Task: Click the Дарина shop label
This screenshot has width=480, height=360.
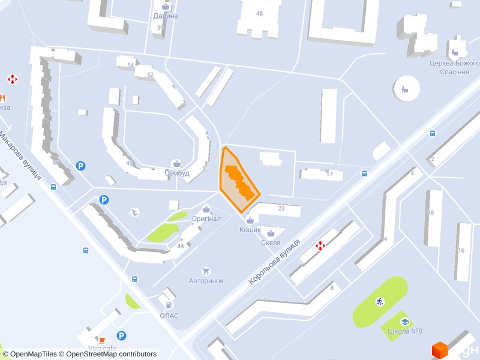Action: point(166,16)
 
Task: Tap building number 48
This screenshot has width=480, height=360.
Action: point(259,13)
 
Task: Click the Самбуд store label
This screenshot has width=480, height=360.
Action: point(177,173)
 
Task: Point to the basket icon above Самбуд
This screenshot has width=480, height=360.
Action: point(177,163)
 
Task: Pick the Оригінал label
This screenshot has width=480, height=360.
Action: point(206,219)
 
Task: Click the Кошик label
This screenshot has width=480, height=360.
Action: point(250,230)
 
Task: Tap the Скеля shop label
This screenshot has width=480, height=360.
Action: point(271,242)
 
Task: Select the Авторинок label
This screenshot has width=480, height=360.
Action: point(206,281)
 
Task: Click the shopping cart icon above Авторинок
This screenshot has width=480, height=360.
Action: point(206,271)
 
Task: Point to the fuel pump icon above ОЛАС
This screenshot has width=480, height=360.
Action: point(169,306)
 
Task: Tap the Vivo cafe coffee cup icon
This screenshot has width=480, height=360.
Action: point(103,339)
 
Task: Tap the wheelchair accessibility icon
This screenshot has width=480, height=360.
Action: point(136,211)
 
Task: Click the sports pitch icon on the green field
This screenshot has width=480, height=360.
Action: point(379,301)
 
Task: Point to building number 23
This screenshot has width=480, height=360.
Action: point(281,208)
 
